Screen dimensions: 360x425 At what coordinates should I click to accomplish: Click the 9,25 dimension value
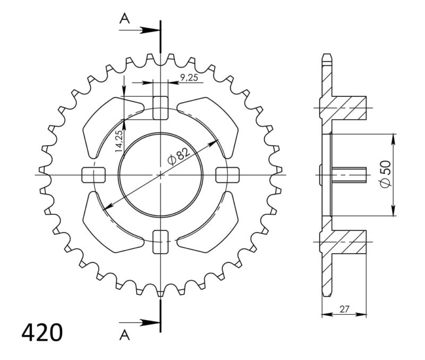[x=190, y=78]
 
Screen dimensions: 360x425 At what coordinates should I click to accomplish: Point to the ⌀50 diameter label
[x=386, y=173]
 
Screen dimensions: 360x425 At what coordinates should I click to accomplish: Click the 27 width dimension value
[x=345, y=307]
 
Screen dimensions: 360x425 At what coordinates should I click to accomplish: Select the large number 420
[x=42, y=332]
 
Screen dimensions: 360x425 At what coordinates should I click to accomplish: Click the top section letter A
[x=125, y=19]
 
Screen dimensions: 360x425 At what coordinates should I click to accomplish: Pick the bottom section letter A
[x=125, y=334]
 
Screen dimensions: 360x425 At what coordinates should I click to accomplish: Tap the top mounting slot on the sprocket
[x=160, y=108]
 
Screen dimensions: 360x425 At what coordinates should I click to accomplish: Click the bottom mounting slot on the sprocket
[x=160, y=242]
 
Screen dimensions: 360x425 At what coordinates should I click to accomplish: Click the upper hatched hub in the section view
[x=348, y=108]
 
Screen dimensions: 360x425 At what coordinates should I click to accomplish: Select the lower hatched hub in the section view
[x=348, y=242]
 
